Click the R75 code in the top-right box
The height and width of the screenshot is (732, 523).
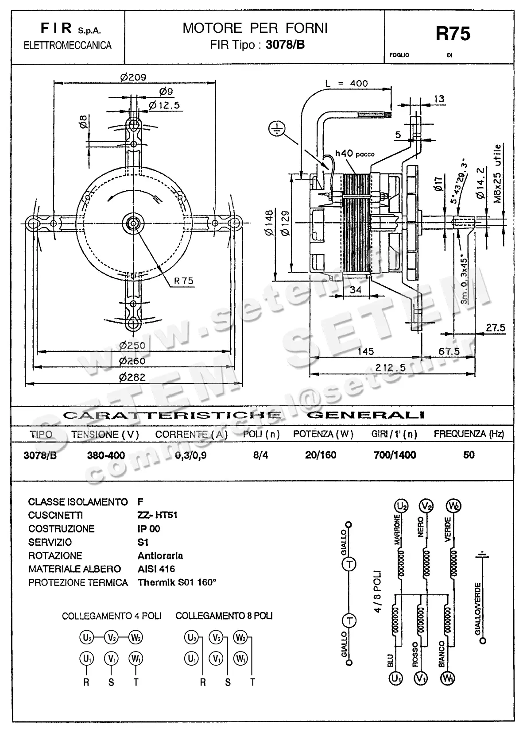click(x=453, y=34)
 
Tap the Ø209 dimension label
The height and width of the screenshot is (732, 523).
click(x=133, y=77)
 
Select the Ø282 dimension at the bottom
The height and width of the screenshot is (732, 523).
click(x=132, y=377)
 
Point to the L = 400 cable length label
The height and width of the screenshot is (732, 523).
click(x=346, y=83)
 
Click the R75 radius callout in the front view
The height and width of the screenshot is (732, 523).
click(x=183, y=281)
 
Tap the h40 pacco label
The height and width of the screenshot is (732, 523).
click(x=354, y=154)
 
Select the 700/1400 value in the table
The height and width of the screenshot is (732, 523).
click(x=395, y=455)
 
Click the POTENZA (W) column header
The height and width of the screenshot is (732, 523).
click(x=323, y=434)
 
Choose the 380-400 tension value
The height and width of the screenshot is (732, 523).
click(x=106, y=455)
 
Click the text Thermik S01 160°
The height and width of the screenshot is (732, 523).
click(x=177, y=582)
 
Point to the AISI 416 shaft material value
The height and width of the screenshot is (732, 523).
click(x=156, y=569)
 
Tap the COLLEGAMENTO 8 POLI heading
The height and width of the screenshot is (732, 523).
click(x=224, y=616)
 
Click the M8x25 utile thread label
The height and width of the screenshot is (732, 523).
click(x=498, y=173)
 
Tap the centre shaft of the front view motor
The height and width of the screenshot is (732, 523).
click(x=132, y=222)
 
